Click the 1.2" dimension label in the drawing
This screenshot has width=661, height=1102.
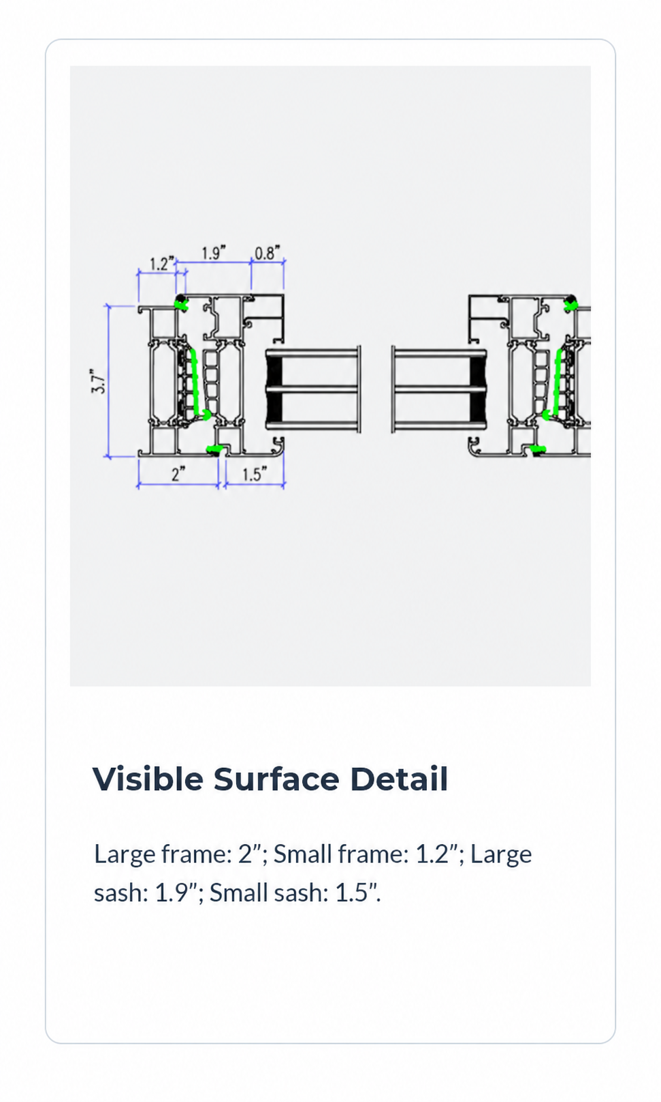(162, 263)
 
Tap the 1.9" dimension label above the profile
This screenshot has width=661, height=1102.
(214, 253)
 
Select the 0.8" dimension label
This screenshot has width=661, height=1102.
(268, 253)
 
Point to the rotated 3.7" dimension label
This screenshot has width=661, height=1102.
(99, 381)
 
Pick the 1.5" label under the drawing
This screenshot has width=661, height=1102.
(255, 474)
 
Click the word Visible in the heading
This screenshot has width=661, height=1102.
(148, 779)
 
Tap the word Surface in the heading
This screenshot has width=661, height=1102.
(276, 779)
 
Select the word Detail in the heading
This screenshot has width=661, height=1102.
(399, 779)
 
